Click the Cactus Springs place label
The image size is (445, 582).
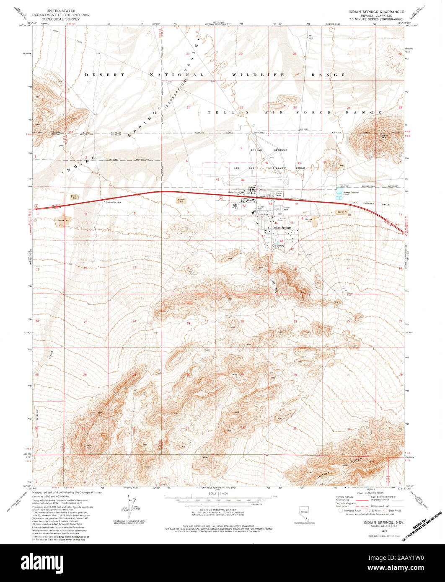click(x=112, y=202)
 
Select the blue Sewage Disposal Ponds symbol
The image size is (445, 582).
click(x=339, y=193)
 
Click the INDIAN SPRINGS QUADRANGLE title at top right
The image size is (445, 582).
click(x=374, y=12)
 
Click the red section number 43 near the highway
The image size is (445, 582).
click(x=270, y=204)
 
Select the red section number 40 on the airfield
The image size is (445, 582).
click(x=243, y=180)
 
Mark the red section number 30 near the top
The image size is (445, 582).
click(x=188, y=54)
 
